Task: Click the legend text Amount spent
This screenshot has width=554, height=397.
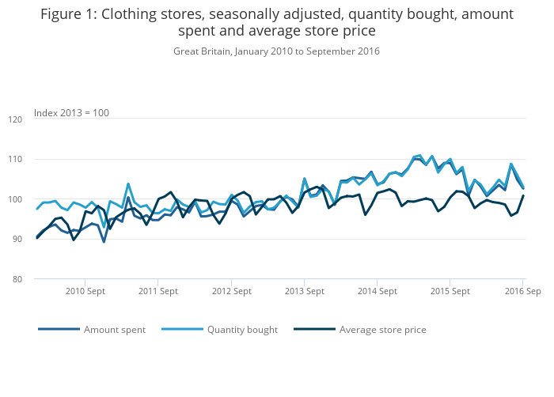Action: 114,330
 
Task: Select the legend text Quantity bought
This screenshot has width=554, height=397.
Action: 242,330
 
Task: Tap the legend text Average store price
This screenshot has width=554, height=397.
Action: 382,330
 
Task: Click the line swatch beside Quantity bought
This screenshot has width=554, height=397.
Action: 181,330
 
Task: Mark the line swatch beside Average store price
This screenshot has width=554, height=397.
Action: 313,330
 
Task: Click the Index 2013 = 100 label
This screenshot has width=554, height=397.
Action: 72,113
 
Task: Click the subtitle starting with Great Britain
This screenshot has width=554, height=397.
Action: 276,51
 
